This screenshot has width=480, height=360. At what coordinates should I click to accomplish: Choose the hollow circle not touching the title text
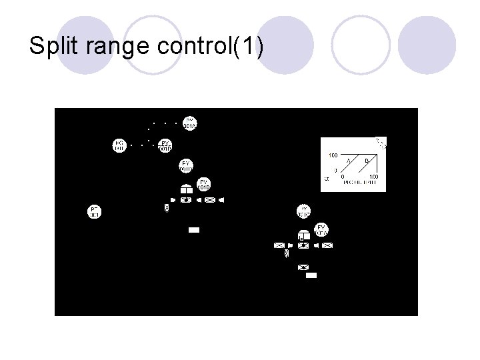click(x=360, y=43)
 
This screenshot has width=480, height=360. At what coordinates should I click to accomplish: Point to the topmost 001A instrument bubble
click(x=189, y=123)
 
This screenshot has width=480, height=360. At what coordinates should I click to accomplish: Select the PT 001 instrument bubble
click(x=95, y=212)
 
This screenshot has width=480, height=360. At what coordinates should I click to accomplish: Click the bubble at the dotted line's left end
click(x=119, y=145)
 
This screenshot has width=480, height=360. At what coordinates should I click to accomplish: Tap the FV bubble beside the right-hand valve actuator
click(x=322, y=229)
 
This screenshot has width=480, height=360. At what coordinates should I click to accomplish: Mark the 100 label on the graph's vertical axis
click(x=333, y=155)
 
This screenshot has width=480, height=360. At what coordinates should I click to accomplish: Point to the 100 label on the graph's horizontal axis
click(x=373, y=177)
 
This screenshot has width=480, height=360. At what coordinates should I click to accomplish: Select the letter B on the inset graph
click(x=366, y=161)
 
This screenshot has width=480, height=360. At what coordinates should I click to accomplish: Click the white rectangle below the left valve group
click(x=194, y=230)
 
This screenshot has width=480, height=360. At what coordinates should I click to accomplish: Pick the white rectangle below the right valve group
click(x=311, y=274)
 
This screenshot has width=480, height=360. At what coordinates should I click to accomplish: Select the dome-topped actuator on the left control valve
click(x=187, y=188)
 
